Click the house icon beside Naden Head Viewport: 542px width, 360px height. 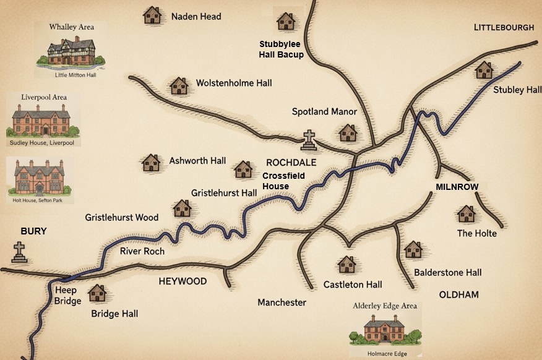pos(152,15)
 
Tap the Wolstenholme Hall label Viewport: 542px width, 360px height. pos(233,83)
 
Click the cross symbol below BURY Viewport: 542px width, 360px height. pos(20,252)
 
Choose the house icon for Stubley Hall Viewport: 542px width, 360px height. pos(484,70)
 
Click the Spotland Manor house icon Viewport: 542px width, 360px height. pos(348,132)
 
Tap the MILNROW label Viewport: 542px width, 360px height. pos(457,187)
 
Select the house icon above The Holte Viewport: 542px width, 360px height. pos(466,214)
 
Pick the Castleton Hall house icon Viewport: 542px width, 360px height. pos(346,265)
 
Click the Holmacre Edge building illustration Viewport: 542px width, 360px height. pos(385,328)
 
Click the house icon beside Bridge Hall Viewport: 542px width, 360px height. pos(97,293)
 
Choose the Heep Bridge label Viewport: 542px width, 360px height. pos(67,296)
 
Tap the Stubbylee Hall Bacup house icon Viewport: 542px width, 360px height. pos(285,22)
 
